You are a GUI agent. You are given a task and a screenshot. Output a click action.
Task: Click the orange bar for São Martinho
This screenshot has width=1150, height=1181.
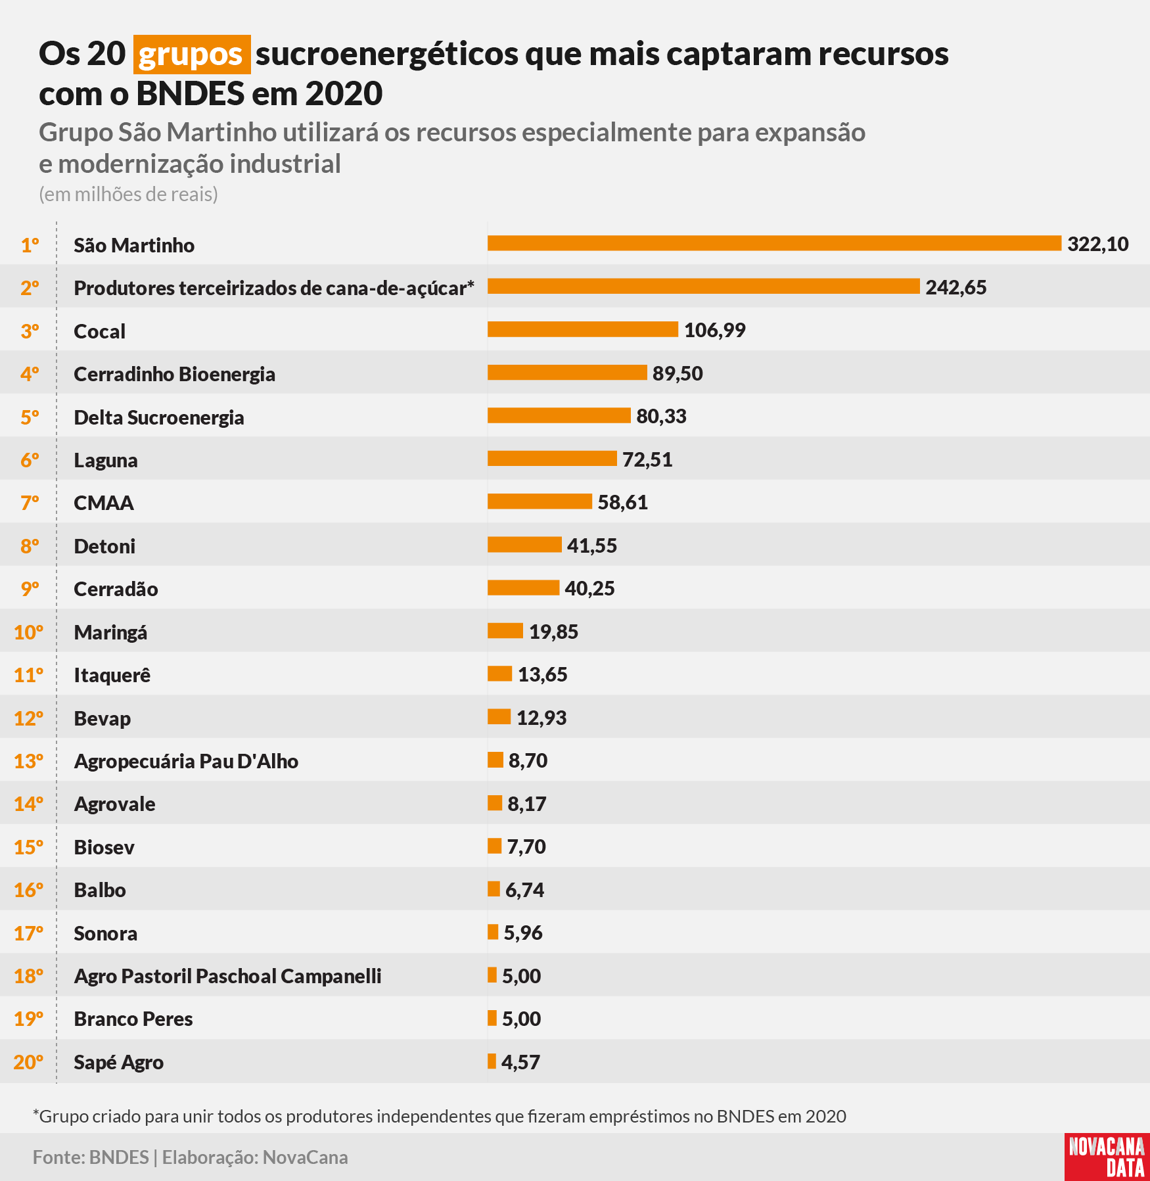(x=774, y=243)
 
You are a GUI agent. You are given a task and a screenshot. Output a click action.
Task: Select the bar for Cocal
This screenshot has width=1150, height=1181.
(x=583, y=329)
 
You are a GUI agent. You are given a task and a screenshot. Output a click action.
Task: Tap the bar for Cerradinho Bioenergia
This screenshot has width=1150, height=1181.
(x=567, y=372)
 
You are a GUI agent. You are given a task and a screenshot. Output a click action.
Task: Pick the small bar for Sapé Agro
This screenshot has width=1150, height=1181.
(x=492, y=1061)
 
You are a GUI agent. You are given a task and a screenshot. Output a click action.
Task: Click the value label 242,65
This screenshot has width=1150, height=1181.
(x=956, y=287)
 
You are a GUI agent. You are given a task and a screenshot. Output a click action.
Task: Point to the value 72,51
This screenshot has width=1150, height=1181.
(x=647, y=459)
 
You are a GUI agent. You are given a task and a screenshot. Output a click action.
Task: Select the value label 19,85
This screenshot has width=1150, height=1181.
(x=553, y=632)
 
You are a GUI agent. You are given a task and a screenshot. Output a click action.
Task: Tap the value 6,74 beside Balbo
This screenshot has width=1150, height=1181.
(x=524, y=890)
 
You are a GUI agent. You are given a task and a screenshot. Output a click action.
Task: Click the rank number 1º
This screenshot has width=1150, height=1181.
(x=30, y=245)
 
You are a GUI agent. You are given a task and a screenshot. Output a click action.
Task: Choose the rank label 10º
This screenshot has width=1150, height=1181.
(x=28, y=632)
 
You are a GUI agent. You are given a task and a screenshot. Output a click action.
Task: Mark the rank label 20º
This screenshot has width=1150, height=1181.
(x=28, y=1062)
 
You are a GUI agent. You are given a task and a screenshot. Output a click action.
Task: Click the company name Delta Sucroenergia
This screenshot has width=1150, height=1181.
(x=159, y=417)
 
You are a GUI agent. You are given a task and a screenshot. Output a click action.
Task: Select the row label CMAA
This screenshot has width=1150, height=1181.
(x=104, y=503)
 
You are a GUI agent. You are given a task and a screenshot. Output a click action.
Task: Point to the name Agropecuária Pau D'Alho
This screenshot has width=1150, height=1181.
(x=186, y=761)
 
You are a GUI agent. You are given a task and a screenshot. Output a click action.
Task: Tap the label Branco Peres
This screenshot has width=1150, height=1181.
(x=133, y=1019)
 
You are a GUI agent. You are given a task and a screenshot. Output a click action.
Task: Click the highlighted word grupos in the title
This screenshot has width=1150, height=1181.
(x=192, y=54)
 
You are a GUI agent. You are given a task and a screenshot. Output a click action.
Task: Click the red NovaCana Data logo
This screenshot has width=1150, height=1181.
(x=1107, y=1157)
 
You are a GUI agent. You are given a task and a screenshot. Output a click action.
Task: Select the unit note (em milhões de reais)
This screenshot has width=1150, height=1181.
(x=128, y=195)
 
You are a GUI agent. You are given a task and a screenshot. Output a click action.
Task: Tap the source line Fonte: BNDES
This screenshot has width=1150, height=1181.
(x=91, y=1157)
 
